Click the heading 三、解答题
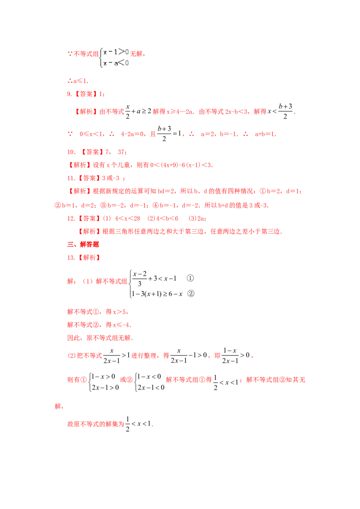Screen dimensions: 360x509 point(83,245)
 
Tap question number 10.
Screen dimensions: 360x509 point(71,152)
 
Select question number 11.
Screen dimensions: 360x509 point(71,178)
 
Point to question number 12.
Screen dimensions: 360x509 point(71,219)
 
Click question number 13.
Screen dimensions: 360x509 point(71,258)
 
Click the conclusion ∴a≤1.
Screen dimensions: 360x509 point(78,81)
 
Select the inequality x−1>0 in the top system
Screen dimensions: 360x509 point(116,52)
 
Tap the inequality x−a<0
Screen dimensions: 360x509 point(116,63)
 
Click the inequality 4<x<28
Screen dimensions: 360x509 point(127,219)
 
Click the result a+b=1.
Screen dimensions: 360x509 point(265,134)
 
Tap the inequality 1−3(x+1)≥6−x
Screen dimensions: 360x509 point(157,294)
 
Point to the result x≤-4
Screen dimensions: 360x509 point(122,325)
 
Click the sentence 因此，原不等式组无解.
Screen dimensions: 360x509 point(100,338)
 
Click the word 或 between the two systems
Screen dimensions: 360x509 point(123,380)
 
